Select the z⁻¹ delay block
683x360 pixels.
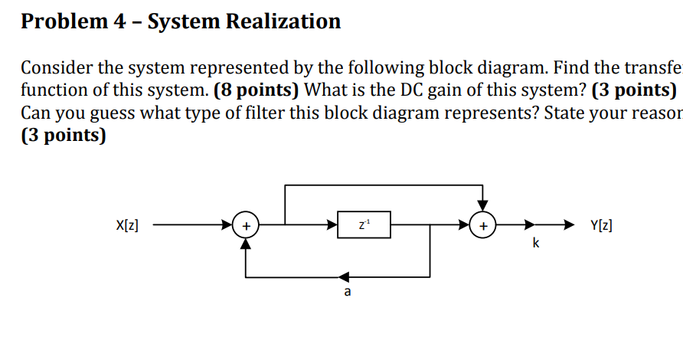364,225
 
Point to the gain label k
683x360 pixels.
535,244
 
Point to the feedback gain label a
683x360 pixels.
348,293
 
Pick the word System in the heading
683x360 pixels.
182,21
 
